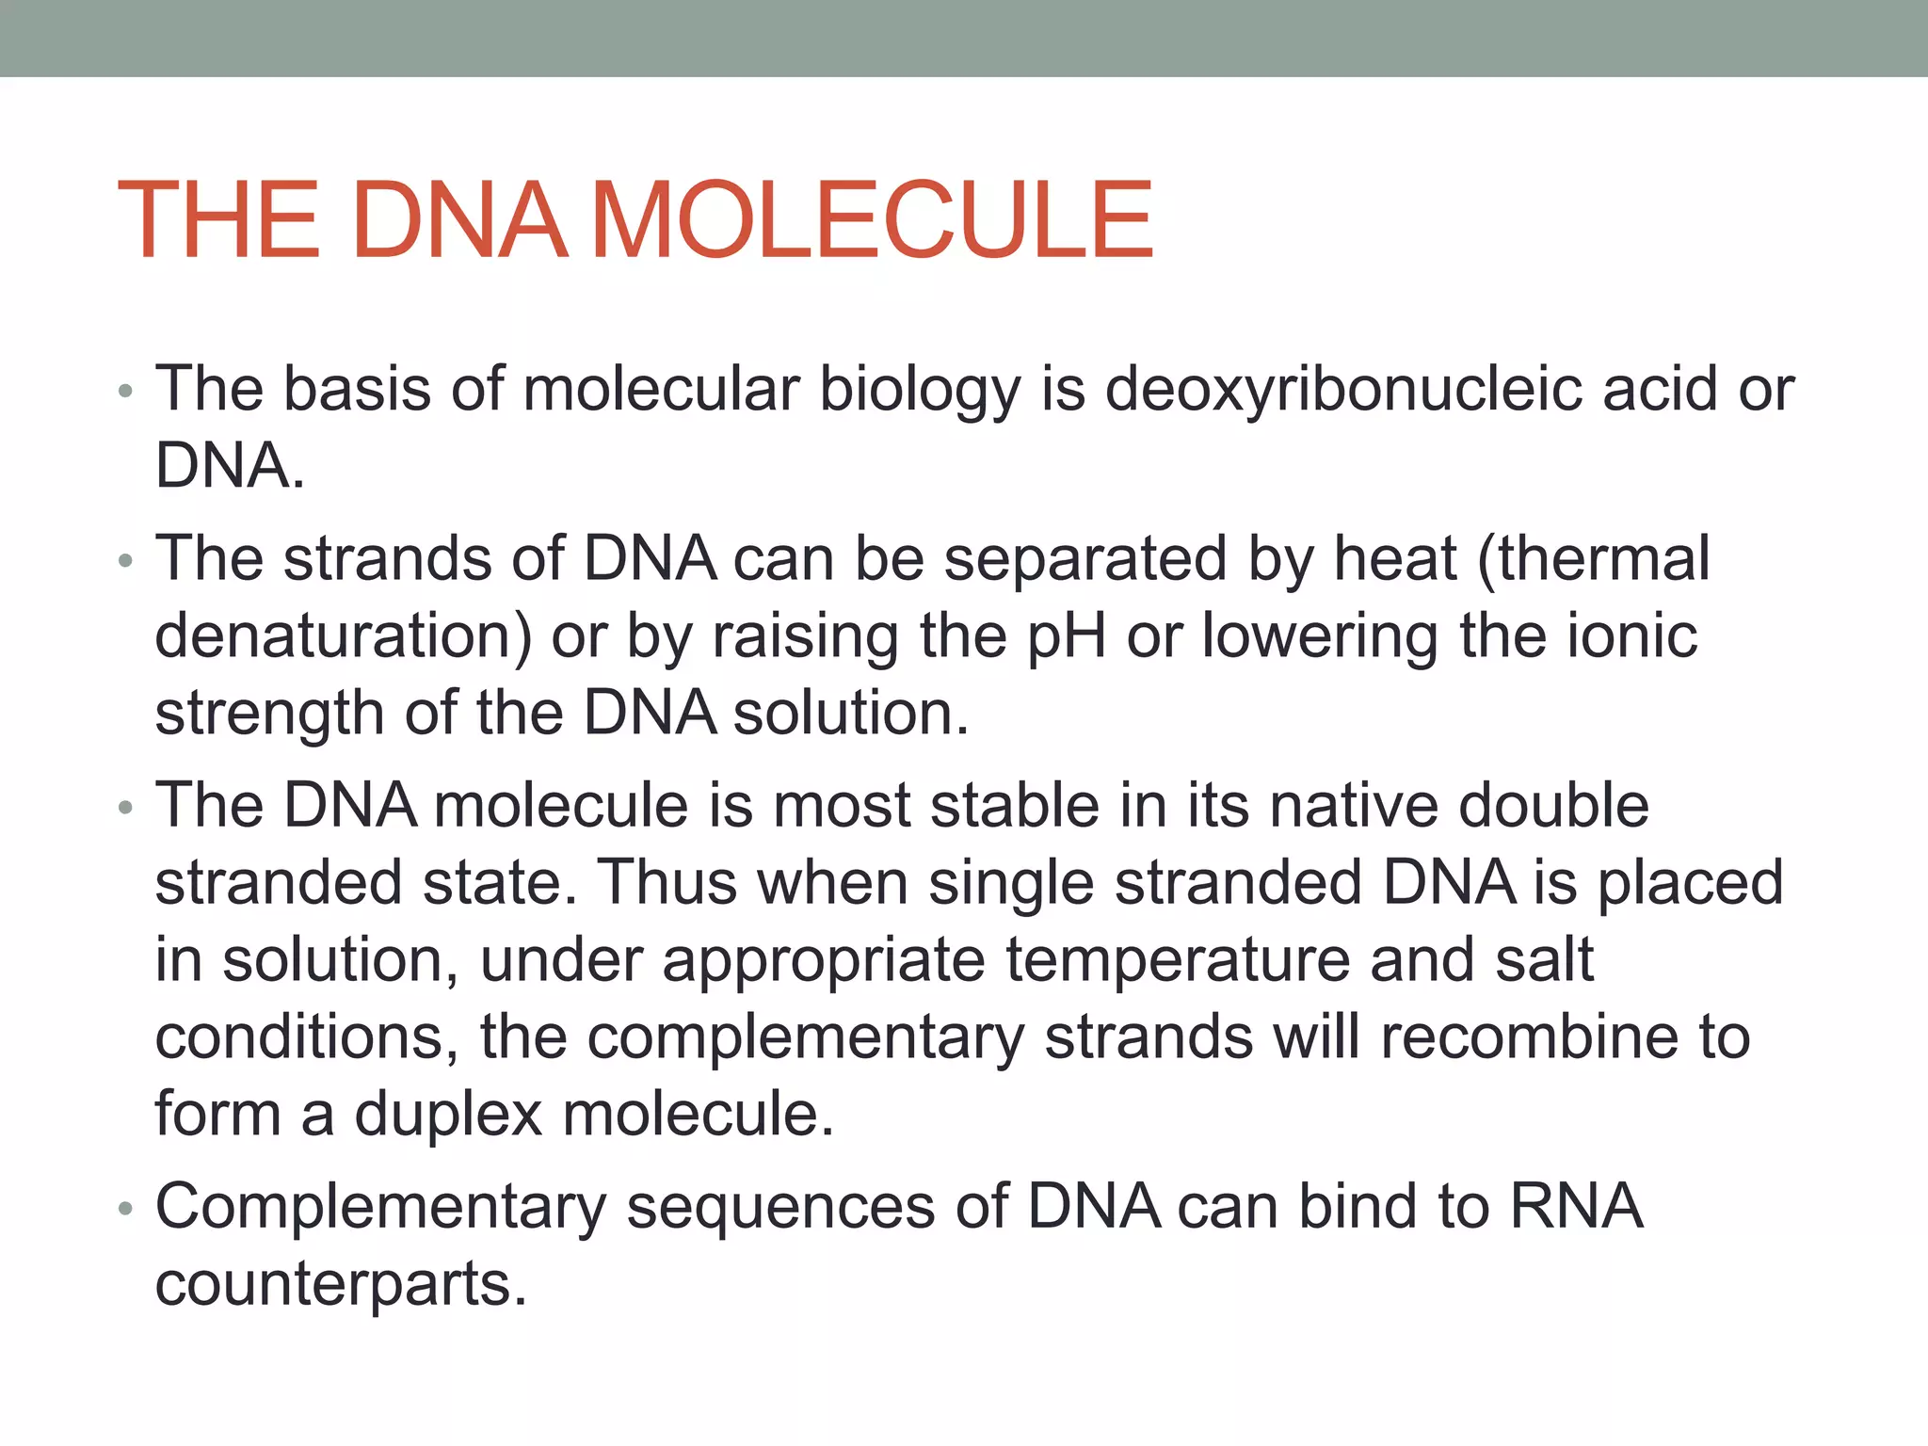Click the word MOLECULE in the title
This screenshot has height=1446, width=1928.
pyautogui.click(x=871, y=220)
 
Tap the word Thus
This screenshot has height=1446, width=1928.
pyautogui.click(x=667, y=883)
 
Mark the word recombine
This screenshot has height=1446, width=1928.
pyautogui.click(x=1529, y=1037)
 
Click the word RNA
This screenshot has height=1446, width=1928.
pyautogui.click(x=1577, y=1206)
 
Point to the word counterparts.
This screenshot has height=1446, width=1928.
pyautogui.click(x=340, y=1285)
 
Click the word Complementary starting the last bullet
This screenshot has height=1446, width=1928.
pyautogui.click(x=380, y=1208)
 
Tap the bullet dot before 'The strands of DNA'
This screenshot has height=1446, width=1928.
pyautogui.click(x=126, y=562)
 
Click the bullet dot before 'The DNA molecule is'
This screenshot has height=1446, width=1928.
pyautogui.click(x=126, y=809)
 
